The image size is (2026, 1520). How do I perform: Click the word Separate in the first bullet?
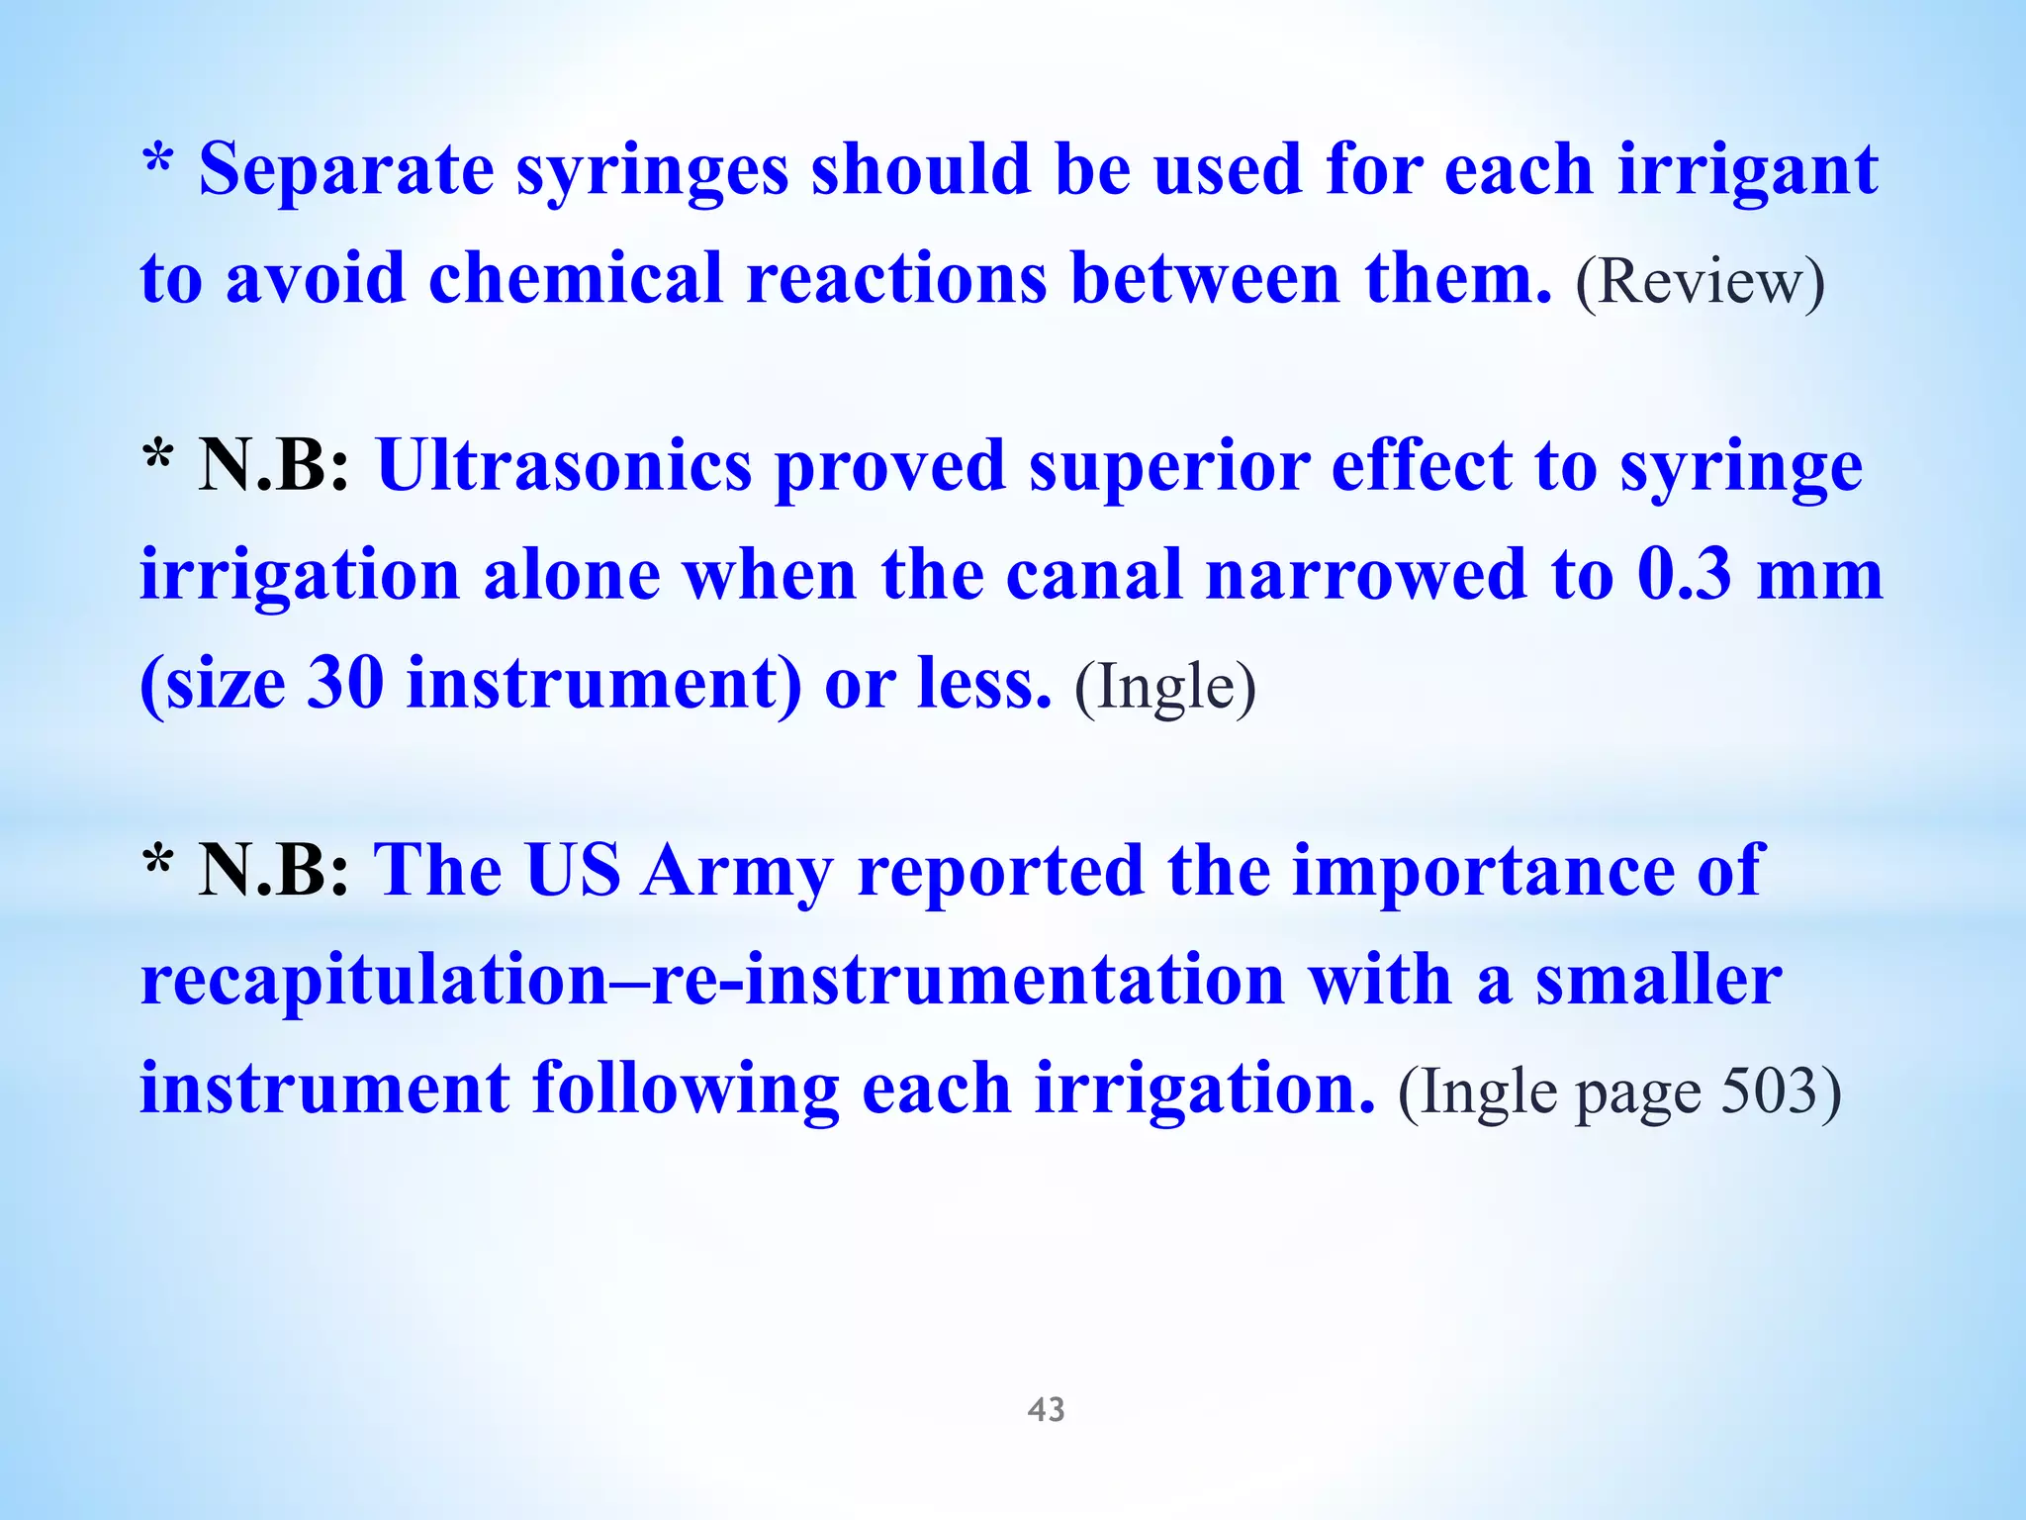pyautogui.click(x=346, y=170)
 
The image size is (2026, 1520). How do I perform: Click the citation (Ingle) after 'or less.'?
pyautogui.click(x=1164, y=687)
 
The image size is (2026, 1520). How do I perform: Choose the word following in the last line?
pyautogui.click(x=686, y=1091)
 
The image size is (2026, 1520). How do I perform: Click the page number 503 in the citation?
pyautogui.click(x=1769, y=1092)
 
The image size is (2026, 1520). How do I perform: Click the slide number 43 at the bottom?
pyautogui.click(x=1046, y=1409)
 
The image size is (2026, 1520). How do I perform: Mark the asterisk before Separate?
pyautogui.click(x=158, y=160)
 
